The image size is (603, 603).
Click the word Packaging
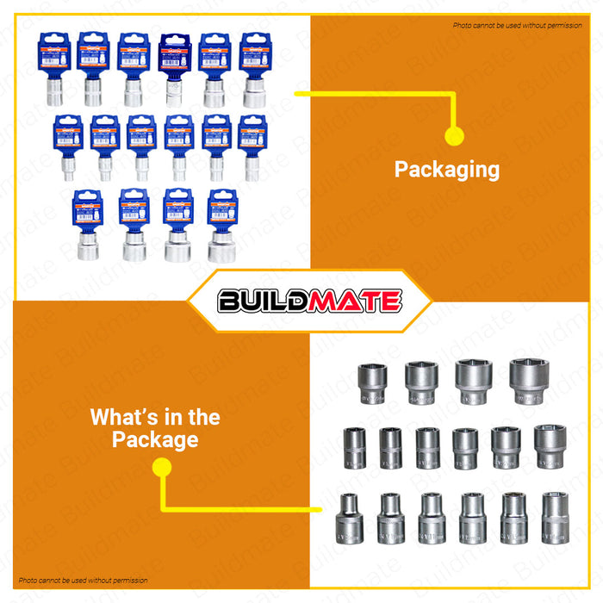coord(446,170)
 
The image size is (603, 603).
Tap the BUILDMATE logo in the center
coord(309,301)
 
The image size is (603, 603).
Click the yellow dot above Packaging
coord(455,135)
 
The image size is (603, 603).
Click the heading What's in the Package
coord(155,428)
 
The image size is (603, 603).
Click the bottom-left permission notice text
coord(84,581)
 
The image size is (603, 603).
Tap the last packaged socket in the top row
coord(253,70)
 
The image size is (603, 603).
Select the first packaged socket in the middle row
coord(66,147)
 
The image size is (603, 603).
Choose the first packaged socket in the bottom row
coord(87,226)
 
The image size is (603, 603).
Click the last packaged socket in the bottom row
coord(221,226)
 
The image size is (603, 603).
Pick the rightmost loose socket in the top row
coord(527,383)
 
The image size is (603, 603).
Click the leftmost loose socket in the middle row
coord(354,446)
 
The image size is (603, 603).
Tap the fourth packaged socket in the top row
coord(173,70)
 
